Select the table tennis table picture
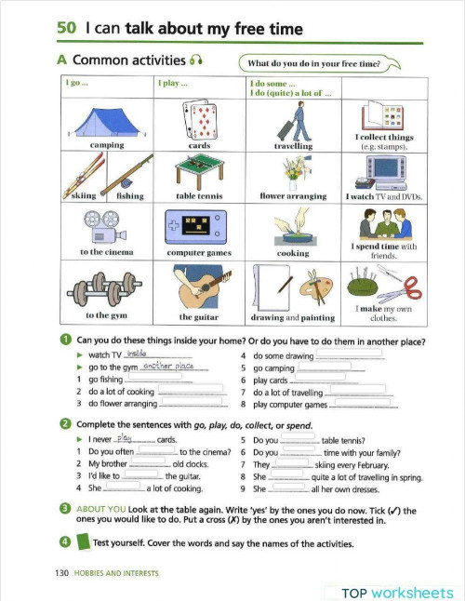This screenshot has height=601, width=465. [198, 171]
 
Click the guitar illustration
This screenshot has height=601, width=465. [198, 289]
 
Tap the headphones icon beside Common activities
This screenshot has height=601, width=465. [196, 61]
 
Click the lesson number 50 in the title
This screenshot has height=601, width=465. [65, 29]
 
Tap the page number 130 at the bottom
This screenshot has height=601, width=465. [63, 573]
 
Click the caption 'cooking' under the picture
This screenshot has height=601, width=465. [294, 252]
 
